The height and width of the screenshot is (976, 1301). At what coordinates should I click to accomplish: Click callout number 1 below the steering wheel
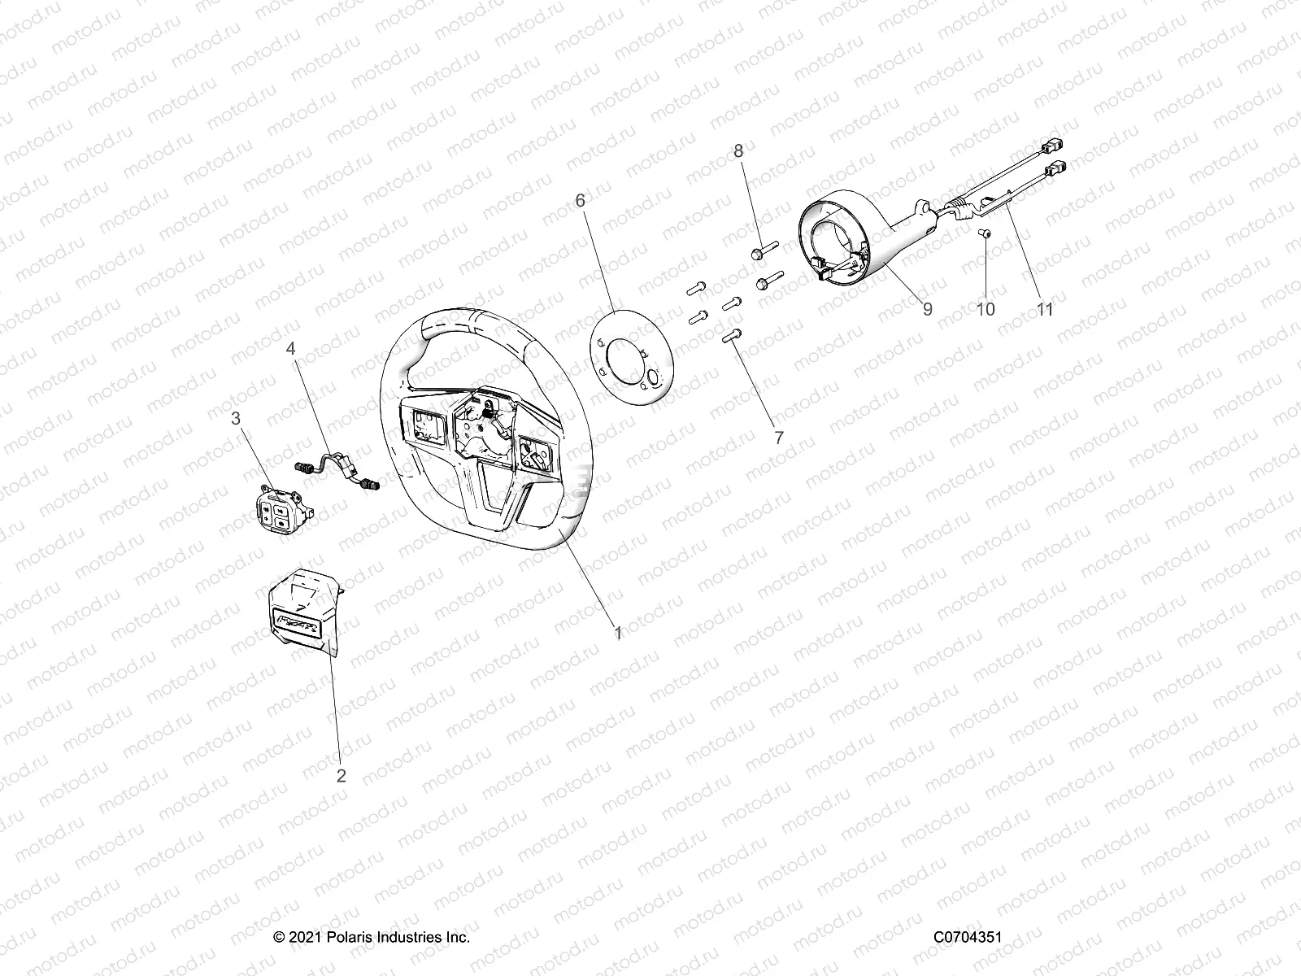tap(618, 633)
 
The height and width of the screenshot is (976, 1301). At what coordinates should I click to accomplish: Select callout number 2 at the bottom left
tap(342, 776)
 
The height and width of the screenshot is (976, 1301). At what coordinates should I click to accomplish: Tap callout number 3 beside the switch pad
tap(236, 419)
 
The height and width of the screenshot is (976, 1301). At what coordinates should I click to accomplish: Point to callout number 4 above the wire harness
tap(290, 349)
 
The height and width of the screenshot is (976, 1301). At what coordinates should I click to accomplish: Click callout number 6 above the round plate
tap(603, 200)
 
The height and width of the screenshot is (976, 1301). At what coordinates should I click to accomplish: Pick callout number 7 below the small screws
tap(779, 438)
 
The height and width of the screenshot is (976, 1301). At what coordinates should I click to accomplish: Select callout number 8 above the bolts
tap(738, 150)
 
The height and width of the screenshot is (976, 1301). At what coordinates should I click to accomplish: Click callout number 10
tap(986, 309)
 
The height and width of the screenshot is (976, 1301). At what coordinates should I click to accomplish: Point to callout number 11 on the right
tap(1045, 309)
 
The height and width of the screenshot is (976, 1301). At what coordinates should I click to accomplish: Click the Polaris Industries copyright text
tap(372, 938)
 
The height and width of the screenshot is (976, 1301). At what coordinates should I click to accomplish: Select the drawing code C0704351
tap(967, 938)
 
